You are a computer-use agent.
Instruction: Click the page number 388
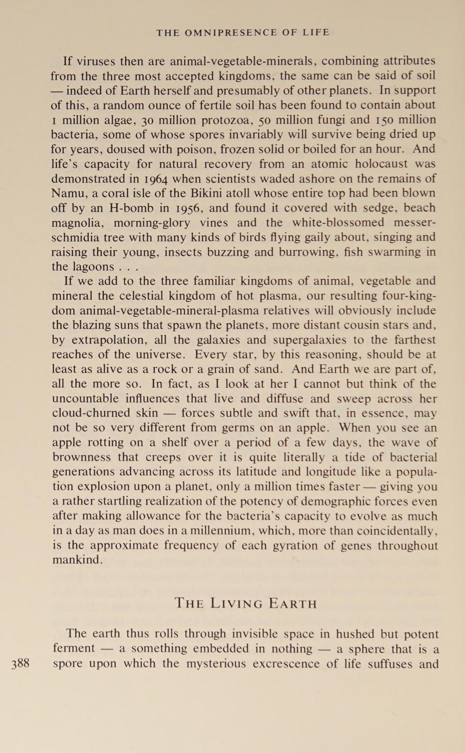[x=20, y=664]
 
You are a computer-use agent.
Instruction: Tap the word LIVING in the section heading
[x=239, y=603]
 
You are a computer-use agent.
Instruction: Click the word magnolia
[x=77, y=223]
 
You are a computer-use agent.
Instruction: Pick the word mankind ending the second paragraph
[x=76, y=560]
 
